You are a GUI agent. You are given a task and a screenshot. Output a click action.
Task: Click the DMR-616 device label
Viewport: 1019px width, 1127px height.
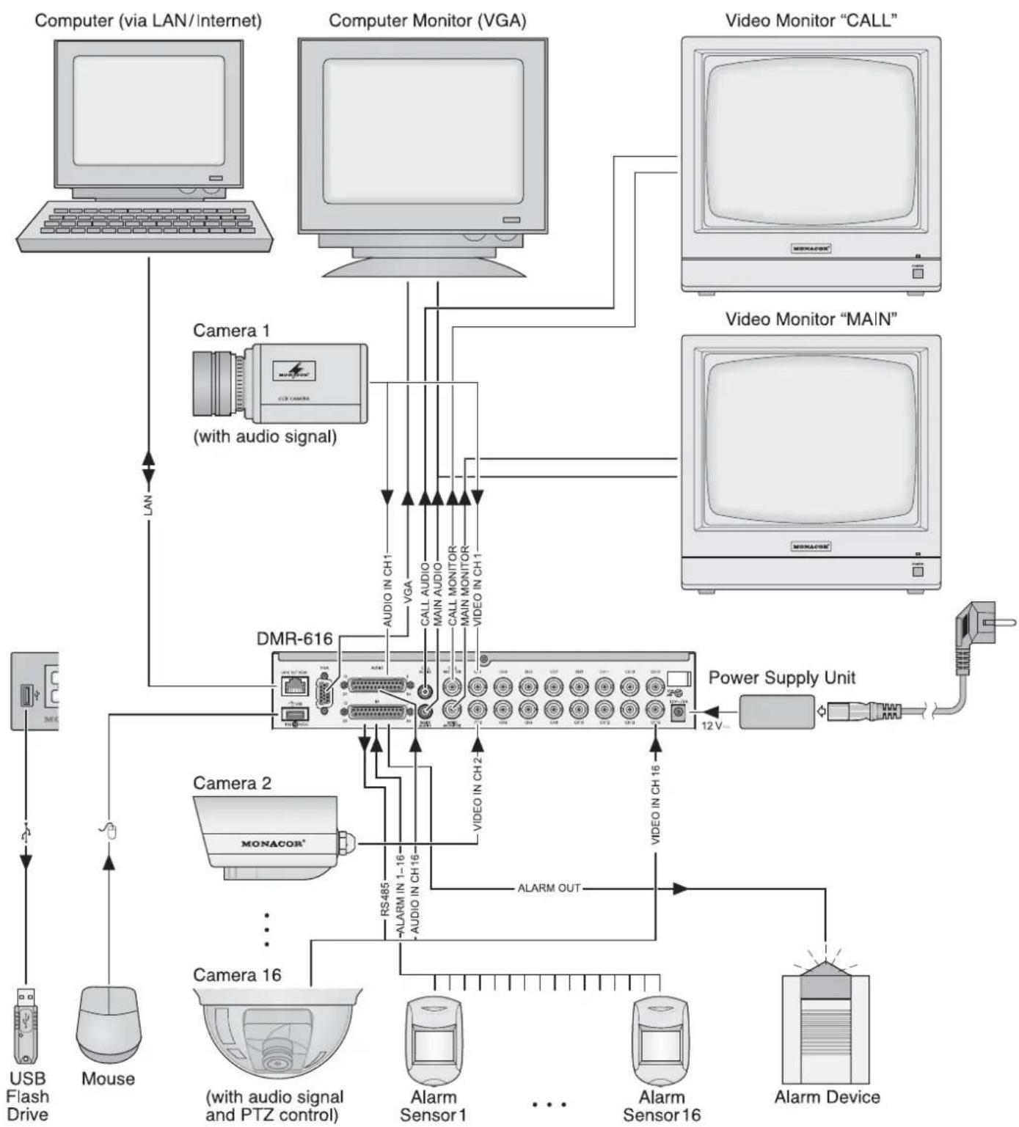[x=294, y=638]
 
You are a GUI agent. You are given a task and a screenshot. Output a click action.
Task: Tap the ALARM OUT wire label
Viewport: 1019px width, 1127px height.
[x=549, y=888]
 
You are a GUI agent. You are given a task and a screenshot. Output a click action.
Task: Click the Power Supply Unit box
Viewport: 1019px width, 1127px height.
[x=776, y=711]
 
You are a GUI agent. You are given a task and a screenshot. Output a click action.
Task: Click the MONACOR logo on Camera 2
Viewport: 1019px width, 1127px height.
[x=273, y=843]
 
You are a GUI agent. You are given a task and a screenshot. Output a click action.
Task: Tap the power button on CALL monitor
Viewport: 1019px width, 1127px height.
[x=917, y=273]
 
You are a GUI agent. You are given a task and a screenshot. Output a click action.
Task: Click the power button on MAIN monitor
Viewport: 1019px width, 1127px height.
[x=917, y=570]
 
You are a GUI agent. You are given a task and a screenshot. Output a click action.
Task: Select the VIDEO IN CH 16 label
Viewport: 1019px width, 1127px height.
[x=656, y=804]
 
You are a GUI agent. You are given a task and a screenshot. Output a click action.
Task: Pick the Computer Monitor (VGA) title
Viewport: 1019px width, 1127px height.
[x=427, y=21]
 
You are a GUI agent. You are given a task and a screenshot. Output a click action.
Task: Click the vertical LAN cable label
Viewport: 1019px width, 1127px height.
[x=148, y=504]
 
